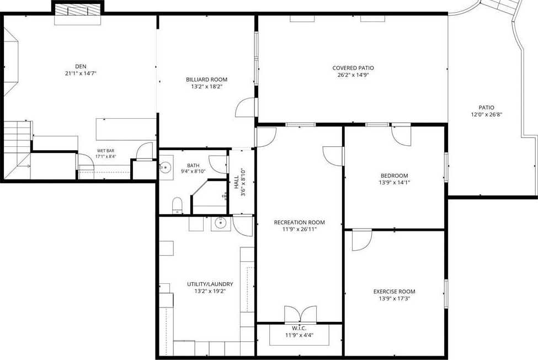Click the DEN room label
[x=81, y=66]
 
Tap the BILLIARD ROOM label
[x=206, y=80]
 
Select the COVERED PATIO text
[x=353, y=68]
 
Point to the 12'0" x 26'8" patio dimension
[x=487, y=115]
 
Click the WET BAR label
[x=106, y=151]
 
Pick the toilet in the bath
[x=177, y=205]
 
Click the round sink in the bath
[x=166, y=167]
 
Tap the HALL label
[x=236, y=182]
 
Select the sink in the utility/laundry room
[x=221, y=224]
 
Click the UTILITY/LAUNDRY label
[x=210, y=284]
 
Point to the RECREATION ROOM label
[x=299, y=223]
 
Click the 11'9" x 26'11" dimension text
[x=299, y=229]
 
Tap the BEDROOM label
[x=394, y=176]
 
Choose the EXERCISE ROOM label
[x=394, y=292]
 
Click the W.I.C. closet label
[x=299, y=329]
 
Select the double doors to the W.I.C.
[x=301, y=314]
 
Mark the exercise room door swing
[x=361, y=240]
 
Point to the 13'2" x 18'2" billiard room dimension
[x=206, y=87]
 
